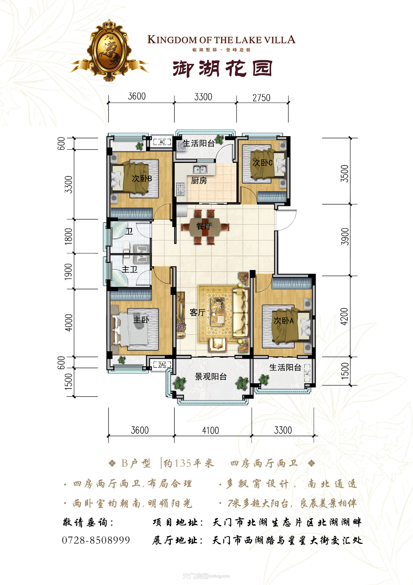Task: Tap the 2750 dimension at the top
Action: [x=261, y=98]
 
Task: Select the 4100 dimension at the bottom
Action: [x=210, y=430]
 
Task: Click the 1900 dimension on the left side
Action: [x=68, y=272]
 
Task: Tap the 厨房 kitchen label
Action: [x=199, y=181]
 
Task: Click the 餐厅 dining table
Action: [x=205, y=226]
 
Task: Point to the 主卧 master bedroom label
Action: [x=141, y=320]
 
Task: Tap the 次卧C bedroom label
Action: [x=262, y=163]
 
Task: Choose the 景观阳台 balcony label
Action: [x=211, y=377]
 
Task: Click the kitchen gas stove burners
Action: [x=181, y=189]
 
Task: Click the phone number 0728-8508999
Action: [x=96, y=540]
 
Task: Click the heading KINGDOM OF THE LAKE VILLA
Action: [x=221, y=40]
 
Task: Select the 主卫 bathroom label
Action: [x=130, y=269]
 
